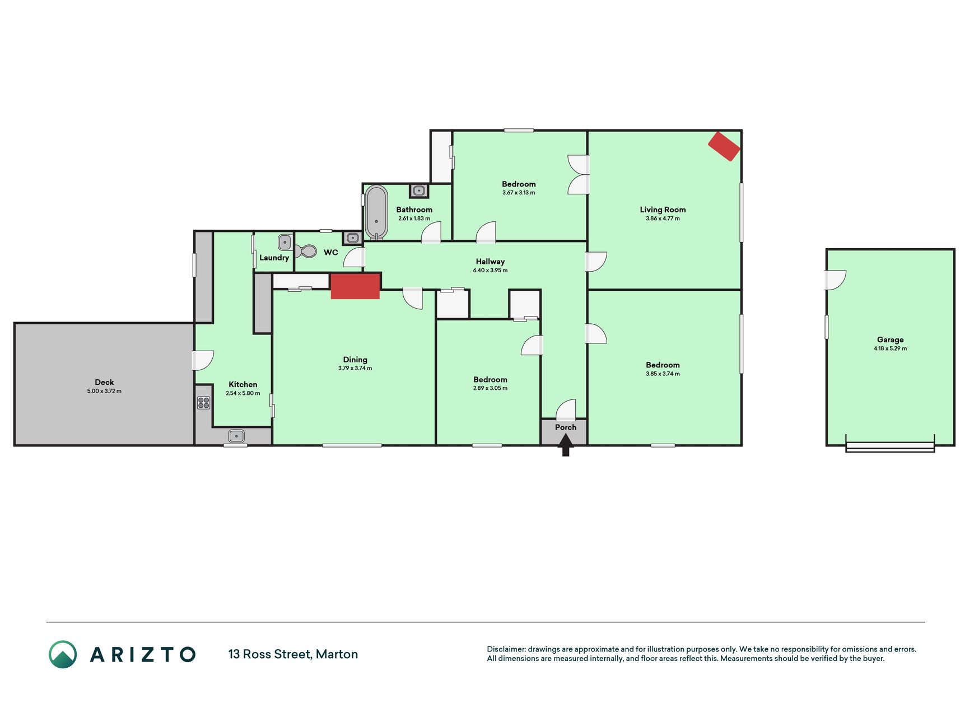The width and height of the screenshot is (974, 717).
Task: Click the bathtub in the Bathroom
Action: (x=376, y=212)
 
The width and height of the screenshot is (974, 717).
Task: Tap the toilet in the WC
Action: (x=306, y=251)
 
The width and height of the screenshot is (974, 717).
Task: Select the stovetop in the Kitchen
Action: (x=203, y=402)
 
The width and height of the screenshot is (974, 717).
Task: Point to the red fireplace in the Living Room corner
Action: (x=724, y=146)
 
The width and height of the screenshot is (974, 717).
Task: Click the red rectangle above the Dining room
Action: (x=355, y=286)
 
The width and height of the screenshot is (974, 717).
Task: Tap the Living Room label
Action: (x=663, y=209)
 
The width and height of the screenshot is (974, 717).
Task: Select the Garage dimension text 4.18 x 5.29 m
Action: (x=890, y=348)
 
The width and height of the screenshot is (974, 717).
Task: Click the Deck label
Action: (x=104, y=382)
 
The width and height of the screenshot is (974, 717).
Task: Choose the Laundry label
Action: (x=274, y=258)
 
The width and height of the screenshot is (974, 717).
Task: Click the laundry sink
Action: (x=285, y=243)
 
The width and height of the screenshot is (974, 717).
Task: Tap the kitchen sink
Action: (x=236, y=435)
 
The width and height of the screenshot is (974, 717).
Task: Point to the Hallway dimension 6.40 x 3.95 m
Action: (x=490, y=270)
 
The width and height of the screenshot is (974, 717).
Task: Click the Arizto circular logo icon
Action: (x=63, y=654)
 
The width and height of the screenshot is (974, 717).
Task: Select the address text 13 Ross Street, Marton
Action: (x=293, y=654)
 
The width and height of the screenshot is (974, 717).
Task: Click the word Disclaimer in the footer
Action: (x=506, y=649)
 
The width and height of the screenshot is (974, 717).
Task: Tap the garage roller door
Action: (x=890, y=446)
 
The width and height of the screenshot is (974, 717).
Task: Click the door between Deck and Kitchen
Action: (x=203, y=360)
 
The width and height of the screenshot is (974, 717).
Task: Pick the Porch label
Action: (x=566, y=427)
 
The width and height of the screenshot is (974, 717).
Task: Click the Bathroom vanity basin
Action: (x=419, y=190)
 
